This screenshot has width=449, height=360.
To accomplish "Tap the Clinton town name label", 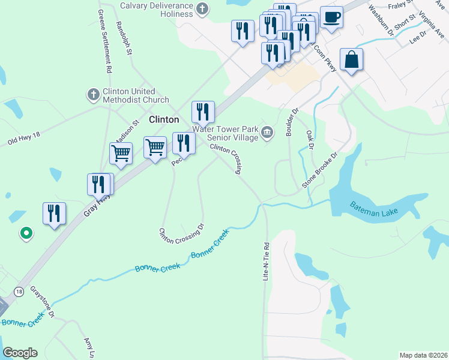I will point(164,119).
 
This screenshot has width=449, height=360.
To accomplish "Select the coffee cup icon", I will point(331,17).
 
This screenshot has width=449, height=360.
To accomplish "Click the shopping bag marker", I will point(351,60).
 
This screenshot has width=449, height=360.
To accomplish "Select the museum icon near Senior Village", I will point(268,133).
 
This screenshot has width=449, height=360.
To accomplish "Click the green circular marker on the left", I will point(26,233).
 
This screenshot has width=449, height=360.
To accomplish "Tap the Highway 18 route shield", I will point(20,291).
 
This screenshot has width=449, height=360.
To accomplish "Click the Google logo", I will point(20,353).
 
